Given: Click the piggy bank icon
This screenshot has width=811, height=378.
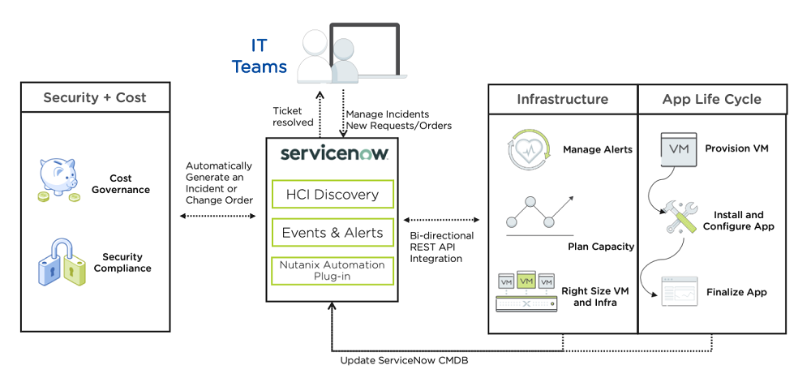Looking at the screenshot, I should [63, 180].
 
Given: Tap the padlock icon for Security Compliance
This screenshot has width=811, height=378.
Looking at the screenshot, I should [62, 263].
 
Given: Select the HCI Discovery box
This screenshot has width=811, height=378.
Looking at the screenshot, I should [333, 195].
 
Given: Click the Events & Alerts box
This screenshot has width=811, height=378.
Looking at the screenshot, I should [333, 233].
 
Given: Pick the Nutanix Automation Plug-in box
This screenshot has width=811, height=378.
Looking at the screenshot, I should [333, 270].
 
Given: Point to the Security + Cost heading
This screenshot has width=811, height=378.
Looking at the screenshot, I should [95, 98].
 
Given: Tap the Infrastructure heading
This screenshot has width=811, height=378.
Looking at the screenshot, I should [562, 99].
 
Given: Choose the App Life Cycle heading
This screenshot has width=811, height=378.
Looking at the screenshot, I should [711, 99].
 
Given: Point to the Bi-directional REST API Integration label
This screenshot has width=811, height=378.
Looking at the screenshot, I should [442, 247].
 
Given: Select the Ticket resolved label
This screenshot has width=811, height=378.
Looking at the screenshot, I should [293, 117].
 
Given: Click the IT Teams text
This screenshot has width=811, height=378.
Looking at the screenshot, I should [260, 55].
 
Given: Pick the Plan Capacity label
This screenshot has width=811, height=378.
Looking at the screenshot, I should [600, 246].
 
